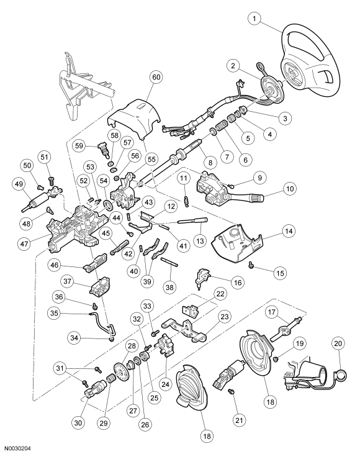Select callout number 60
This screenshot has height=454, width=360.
tap(156, 77)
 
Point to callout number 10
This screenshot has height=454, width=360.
tap(290, 189)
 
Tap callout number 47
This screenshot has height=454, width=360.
tap(24, 243)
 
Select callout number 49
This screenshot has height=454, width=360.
tap(19, 184)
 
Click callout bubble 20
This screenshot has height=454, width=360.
tap(338, 343)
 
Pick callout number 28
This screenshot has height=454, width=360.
tap(132, 346)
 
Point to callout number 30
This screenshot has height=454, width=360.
tap(78, 423)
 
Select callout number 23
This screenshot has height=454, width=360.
tap(224, 317)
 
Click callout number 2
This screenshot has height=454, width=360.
tap(233, 65)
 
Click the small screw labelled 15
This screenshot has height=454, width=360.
tap(251, 264)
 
